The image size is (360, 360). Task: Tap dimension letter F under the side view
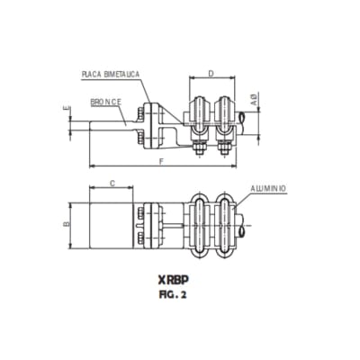160,161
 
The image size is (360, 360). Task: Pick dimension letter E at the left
67,111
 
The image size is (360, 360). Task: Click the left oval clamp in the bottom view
201,220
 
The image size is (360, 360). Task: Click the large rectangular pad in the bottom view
111,221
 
